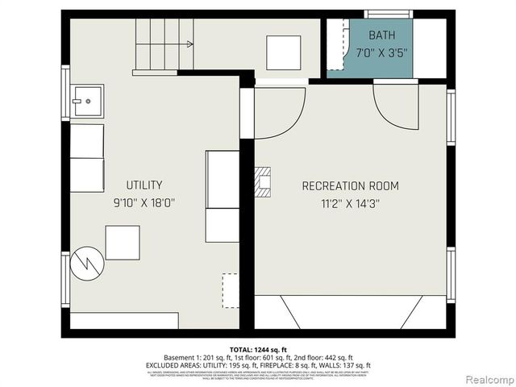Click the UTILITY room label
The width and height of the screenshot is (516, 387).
tap(144, 185)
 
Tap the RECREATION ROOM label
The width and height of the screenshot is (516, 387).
tap(350, 186)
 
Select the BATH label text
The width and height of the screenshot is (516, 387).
tap(382, 35)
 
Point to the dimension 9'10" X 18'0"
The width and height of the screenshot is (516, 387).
tap(144, 203)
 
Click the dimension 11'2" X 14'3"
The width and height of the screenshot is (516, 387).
tap(350, 204)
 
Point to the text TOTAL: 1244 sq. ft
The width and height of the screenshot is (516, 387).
tap(257, 350)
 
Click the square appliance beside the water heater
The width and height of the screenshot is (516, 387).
tap(123, 242)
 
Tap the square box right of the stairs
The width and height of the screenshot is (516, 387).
tap(284, 52)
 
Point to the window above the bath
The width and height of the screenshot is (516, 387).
tap(389, 13)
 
